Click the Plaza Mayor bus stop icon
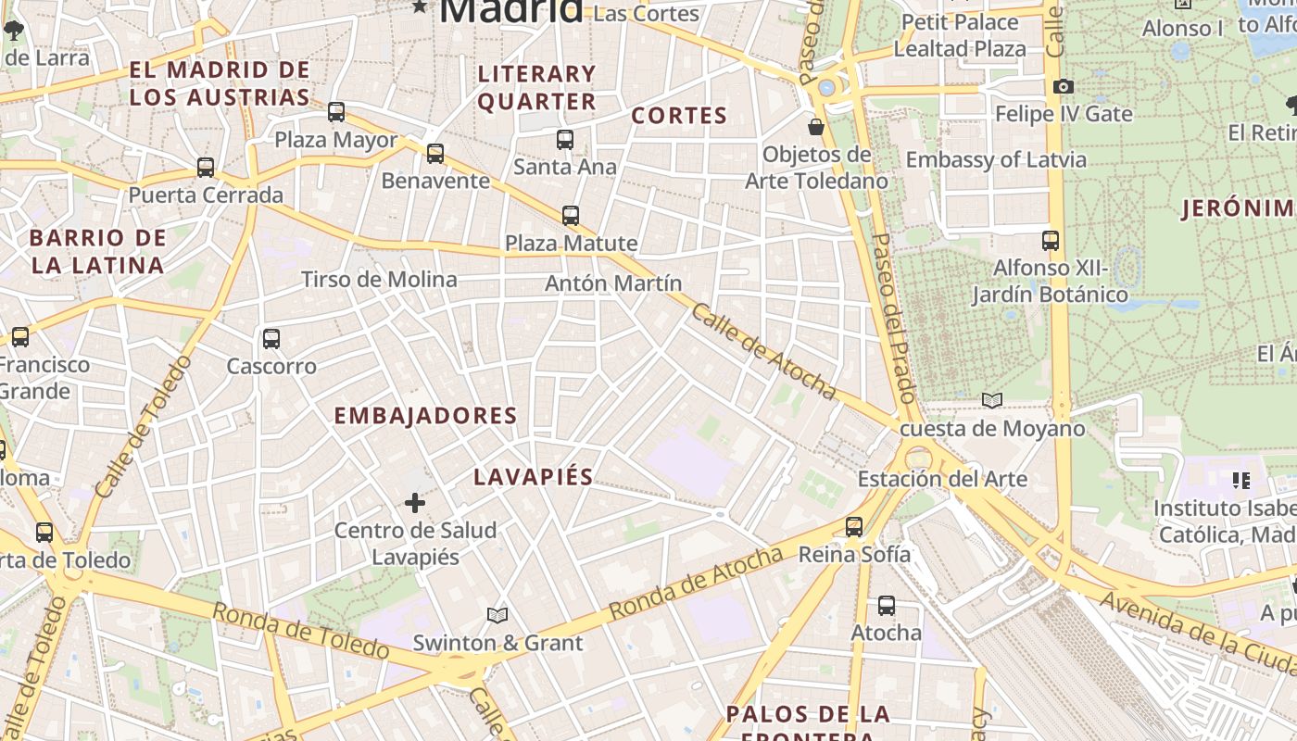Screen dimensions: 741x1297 pyautogui.click(x=336, y=112)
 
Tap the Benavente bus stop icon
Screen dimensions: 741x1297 pyautogui.click(x=435, y=154)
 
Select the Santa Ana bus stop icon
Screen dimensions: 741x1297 pyautogui.click(x=565, y=140)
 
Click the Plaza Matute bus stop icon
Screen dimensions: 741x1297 pyautogui.click(x=571, y=216)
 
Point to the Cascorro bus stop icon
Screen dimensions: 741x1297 pyautogui.click(x=271, y=339)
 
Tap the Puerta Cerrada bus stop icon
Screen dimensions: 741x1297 pyautogui.click(x=206, y=168)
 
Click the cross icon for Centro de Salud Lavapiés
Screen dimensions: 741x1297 pyautogui.click(x=415, y=503)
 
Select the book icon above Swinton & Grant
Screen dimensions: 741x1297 pyautogui.click(x=497, y=615)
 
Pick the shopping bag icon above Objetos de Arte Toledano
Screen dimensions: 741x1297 pyautogui.click(x=816, y=127)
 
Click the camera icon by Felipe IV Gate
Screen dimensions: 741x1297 pyautogui.click(x=1064, y=87)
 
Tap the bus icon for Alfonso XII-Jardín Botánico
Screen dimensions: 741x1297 pyautogui.click(x=1051, y=241)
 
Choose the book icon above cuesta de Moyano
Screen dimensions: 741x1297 pyautogui.click(x=992, y=401)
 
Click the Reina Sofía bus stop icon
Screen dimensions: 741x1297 pyautogui.click(x=854, y=527)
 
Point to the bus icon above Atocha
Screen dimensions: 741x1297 pyautogui.click(x=887, y=606)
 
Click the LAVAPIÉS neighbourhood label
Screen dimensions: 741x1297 pyautogui.click(x=533, y=477)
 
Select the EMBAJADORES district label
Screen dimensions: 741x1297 pyautogui.click(x=425, y=416)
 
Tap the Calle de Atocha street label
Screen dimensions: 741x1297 pyautogui.click(x=763, y=352)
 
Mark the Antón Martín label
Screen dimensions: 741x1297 pyautogui.click(x=613, y=283)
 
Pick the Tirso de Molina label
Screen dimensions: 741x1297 pyautogui.click(x=379, y=280)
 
